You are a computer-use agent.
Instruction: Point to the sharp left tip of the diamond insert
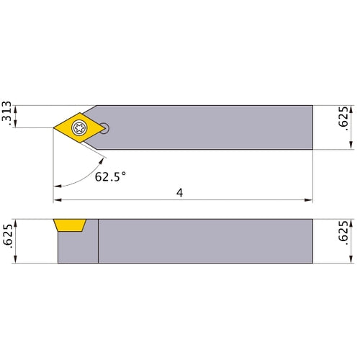(54, 128)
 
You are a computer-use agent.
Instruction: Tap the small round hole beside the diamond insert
(106, 128)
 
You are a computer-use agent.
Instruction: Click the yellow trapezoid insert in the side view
(70, 225)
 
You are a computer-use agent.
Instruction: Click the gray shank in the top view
(216, 127)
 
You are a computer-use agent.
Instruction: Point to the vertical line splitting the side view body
(98, 241)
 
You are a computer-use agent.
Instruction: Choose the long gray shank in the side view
(205, 241)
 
